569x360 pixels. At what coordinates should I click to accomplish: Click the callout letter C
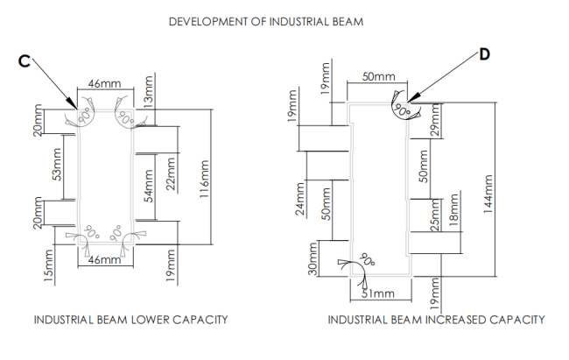(25, 60)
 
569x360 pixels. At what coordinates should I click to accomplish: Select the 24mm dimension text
(302, 199)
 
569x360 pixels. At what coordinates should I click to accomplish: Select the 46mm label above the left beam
(104, 84)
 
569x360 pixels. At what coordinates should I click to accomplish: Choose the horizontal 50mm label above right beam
(378, 78)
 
